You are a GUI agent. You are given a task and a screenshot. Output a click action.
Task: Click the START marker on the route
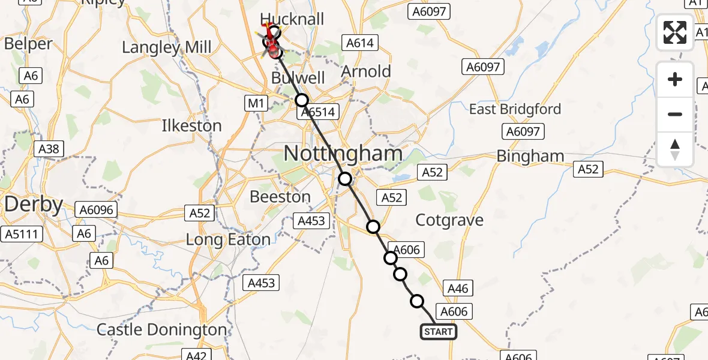point(438,332)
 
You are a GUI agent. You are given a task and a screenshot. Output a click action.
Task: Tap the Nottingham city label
point(343,154)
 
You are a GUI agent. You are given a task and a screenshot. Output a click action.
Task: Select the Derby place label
point(34,205)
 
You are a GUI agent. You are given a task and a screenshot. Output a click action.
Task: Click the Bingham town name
point(530,156)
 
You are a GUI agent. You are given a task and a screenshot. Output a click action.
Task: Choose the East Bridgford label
point(515,109)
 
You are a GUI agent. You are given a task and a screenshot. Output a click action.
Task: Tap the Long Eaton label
point(228,240)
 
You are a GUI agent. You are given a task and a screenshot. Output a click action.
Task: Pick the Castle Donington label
point(162,329)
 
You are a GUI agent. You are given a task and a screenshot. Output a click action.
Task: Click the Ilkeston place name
point(191,126)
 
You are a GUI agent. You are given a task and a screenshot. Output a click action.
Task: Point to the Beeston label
point(280,197)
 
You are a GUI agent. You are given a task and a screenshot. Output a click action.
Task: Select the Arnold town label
point(366,71)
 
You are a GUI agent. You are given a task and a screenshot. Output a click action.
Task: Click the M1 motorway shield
point(256,104)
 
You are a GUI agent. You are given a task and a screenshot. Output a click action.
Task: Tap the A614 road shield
point(359,43)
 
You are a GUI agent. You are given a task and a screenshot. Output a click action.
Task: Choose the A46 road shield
point(458,289)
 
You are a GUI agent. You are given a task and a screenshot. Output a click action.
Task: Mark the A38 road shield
point(49,148)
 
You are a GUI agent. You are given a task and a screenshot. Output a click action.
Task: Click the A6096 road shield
point(96,209)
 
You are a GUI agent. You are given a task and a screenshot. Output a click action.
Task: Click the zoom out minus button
point(675,114)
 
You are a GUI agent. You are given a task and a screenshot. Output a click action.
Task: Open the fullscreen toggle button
point(675,32)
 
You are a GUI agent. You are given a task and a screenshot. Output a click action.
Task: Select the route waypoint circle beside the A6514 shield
point(301,100)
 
